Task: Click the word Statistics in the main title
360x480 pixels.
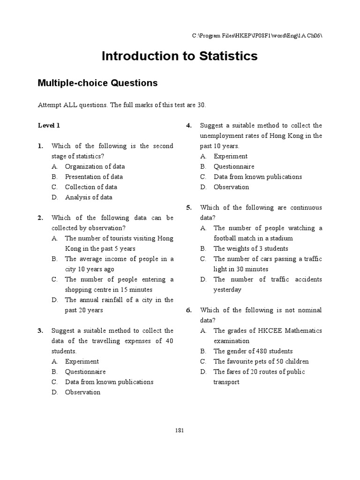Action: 225,56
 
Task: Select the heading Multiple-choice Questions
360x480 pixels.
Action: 97,83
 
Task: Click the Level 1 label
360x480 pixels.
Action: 49,126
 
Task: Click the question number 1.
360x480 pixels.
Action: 40,146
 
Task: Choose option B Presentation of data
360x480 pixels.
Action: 94,177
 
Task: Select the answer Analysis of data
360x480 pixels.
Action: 89,197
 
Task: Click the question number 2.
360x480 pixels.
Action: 40,218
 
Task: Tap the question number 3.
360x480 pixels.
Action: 40,331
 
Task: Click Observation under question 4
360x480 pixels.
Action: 231,187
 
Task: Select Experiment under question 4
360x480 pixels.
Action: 231,157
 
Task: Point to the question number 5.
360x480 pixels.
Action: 189,208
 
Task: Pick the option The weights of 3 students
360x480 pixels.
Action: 251,249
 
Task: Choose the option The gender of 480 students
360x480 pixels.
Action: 253,351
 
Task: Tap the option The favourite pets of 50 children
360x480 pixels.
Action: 261,361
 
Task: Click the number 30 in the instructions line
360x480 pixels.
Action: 201,105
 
